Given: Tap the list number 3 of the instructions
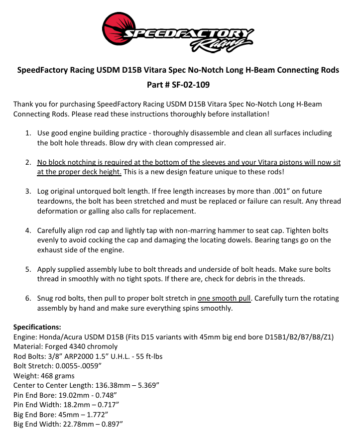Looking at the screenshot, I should click(28, 191).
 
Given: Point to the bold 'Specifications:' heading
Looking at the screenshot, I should click(37, 327).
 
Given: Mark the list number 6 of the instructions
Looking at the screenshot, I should click(28, 299).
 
